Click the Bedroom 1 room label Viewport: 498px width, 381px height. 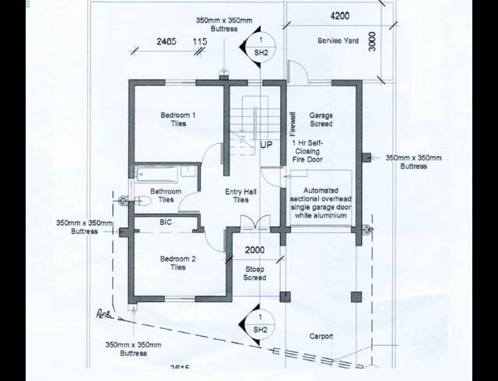click(x=178, y=120)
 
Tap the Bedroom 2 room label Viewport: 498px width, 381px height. click(x=178, y=263)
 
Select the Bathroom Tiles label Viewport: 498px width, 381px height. click(x=166, y=195)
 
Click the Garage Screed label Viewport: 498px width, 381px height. click(x=321, y=120)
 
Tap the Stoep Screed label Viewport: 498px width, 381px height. click(x=255, y=273)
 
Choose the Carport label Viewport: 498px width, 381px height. click(x=321, y=337)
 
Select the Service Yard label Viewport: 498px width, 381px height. click(x=338, y=40)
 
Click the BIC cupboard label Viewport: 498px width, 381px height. click(x=166, y=222)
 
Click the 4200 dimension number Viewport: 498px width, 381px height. click(x=339, y=16)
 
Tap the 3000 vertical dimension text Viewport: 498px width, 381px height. click(x=373, y=40)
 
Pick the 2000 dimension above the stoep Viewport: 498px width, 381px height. click(x=254, y=250)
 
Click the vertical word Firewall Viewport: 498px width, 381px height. click(x=293, y=124)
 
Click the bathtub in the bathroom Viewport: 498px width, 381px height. click(x=164, y=173)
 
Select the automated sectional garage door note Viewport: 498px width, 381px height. click(x=321, y=203)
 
